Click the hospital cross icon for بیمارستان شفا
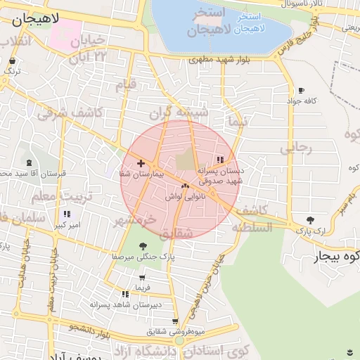(x=141, y=162)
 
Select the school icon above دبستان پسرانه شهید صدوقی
(x=221, y=160)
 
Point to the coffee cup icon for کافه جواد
(x=301, y=91)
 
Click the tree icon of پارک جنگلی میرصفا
(x=143, y=246)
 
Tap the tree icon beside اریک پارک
(x=311, y=220)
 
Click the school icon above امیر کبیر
(x=67, y=214)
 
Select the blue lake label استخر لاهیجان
(x=250, y=23)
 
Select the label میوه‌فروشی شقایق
(x=176, y=330)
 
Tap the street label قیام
(x=125, y=86)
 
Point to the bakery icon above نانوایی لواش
(x=185, y=187)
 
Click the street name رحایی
(x=295, y=148)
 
